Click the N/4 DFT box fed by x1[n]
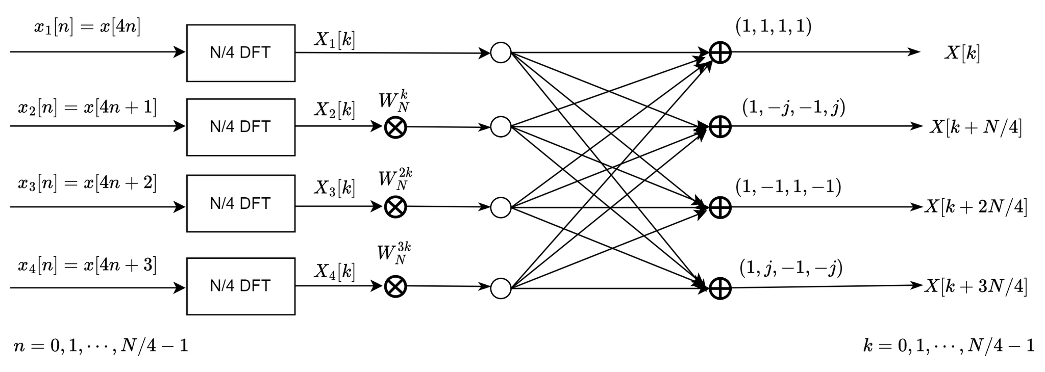(240, 53)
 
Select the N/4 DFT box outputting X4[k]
(240, 286)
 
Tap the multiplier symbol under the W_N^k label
(395, 127)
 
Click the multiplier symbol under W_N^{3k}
(395, 287)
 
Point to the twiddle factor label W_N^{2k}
(395, 180)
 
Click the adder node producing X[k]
(720, 52)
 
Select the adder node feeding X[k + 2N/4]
(720, 207)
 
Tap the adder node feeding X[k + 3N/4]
(720, 288)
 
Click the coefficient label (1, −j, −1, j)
(793, 108)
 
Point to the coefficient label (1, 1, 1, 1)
(773, 26)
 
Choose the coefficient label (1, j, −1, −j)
(790, 268)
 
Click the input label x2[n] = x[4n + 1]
(87, 108)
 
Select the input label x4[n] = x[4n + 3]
(87, 265)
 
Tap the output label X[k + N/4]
(975, 127)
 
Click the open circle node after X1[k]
(501, 52)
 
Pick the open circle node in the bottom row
(501, 288)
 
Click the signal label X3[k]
(334, 188)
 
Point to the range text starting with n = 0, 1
(101, 346)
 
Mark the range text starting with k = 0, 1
(949, 346)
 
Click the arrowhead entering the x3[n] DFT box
(180, 207)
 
